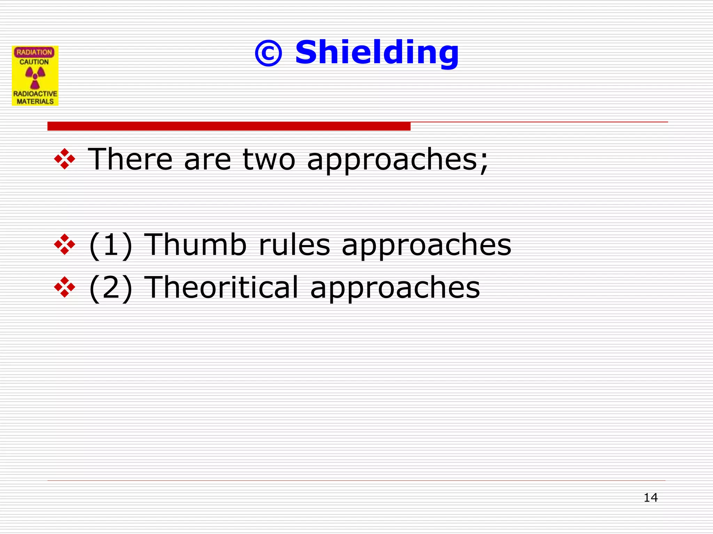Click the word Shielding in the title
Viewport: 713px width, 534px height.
pyautogui.click(x=377, y=53)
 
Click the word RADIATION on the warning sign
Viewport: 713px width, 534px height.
pyautogui.click(x=34, y=52)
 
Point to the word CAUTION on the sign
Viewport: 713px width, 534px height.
pyautogui.click(x=34, y=62)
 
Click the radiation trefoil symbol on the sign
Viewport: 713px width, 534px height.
pyautogui.click(x=35, y=77)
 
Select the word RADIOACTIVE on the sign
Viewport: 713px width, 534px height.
pyautogui.click(x=35, y=94)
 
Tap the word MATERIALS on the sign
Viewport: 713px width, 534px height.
pyautogui.click(x=35, y=102)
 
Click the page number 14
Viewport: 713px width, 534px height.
pyautogui.click(x=650, y=497)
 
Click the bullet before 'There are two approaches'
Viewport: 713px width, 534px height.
pyautogui.click(x=65, y=159)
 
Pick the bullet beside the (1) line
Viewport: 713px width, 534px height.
pyautogui.click(x=65, y=244)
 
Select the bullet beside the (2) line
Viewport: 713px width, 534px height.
pyautogui.click(x=65, y=287)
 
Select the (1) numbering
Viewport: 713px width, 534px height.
pyautogui.click(x=111, y=245)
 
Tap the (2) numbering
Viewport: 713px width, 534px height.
pyautogui.click(x=111, y=288)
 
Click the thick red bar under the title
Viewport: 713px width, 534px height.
pyautogui.click(x=229, y=126)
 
